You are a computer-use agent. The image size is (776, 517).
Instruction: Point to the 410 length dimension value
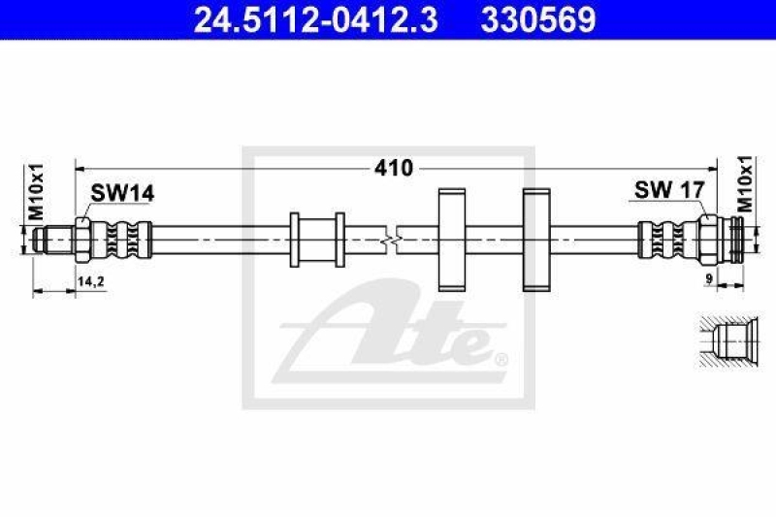[395, 168]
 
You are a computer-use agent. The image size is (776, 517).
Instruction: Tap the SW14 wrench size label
[122, 194]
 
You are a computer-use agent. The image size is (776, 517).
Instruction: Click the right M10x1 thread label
[745, 183]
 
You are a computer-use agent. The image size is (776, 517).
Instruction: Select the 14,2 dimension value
[92, 281]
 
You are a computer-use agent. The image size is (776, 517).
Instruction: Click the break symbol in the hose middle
[391, 238]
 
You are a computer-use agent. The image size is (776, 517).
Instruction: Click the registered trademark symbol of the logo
[501, 361]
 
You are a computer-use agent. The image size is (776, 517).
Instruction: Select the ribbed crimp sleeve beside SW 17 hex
[667, 238]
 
